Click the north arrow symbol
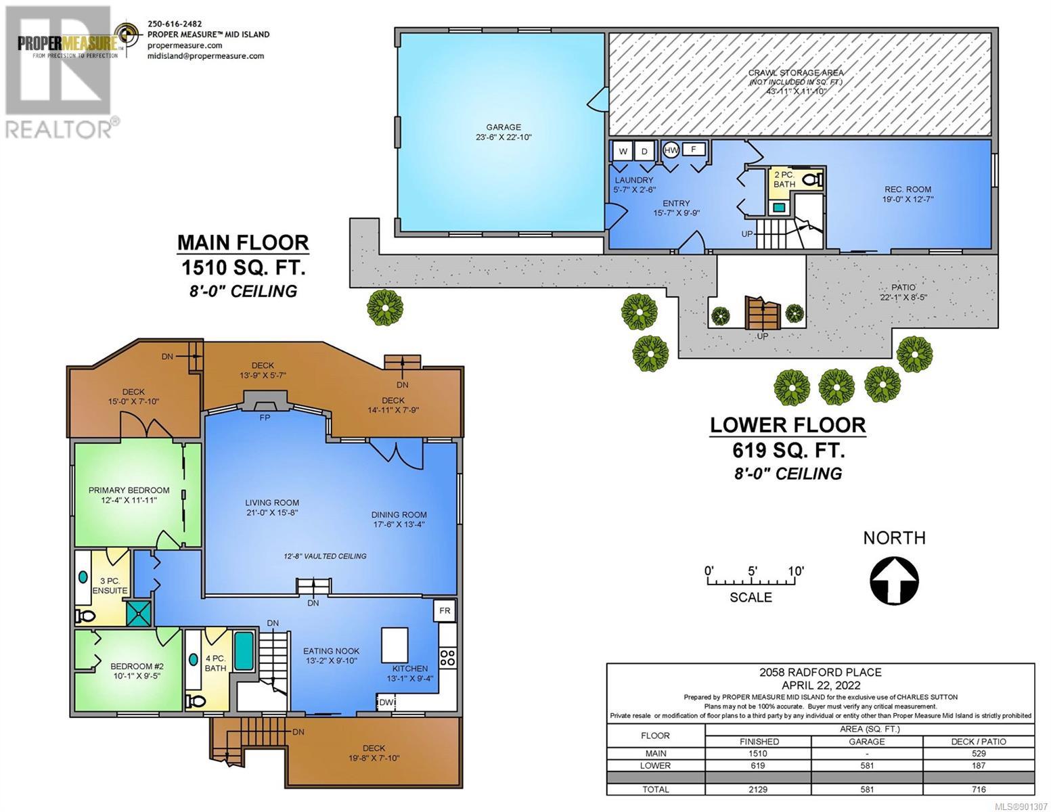(x=894, y=580)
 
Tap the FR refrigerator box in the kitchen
(x=445, y=611)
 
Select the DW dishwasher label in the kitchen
(x=386, y=702)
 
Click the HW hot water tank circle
(x=671, y=150)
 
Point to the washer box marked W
(x=623, y=152)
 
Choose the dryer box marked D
(x=644, y=152)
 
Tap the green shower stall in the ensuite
(x=138, y=614)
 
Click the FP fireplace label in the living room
(x=265, y=418)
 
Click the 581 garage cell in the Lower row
(x=867, y=765)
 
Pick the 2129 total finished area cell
(x=758, y=789)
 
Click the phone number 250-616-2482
(x=175, y=24)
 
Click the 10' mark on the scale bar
(x=796, y=571)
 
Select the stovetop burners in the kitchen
(x=447, y=658)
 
